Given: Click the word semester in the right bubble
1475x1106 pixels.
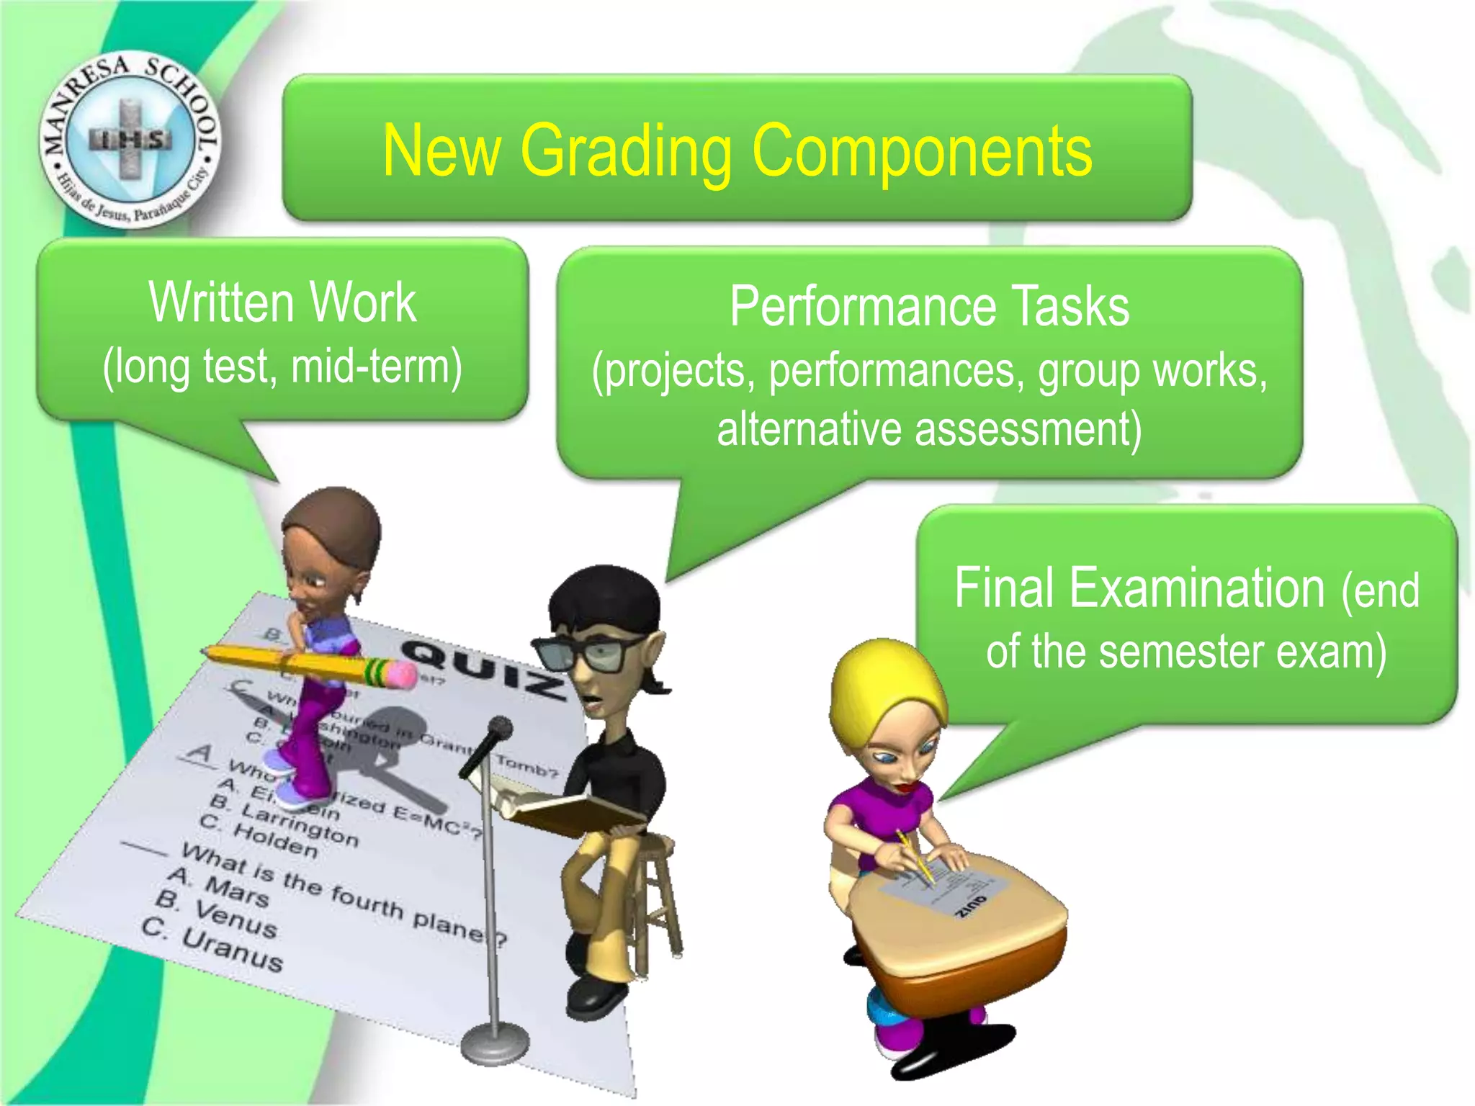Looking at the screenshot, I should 1181,651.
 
